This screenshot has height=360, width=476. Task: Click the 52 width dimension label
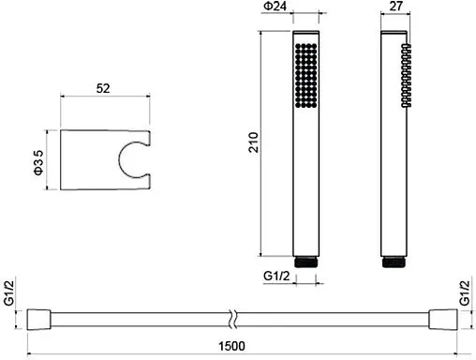coord(103,88)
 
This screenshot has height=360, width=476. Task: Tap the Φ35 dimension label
coord(38,162)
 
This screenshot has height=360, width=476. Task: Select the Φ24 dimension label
coord(275,7)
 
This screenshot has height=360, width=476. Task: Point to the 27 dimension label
coord(395,6)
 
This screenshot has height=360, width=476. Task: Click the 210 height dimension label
coord(254,142)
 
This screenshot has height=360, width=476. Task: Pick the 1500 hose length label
coord(231,346)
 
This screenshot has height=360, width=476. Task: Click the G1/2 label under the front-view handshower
coord(276,276)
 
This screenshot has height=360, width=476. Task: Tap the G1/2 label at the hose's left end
coord(9,292)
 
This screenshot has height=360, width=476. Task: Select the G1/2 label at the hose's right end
coord(465,292)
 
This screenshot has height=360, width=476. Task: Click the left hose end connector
coord(38,320)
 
